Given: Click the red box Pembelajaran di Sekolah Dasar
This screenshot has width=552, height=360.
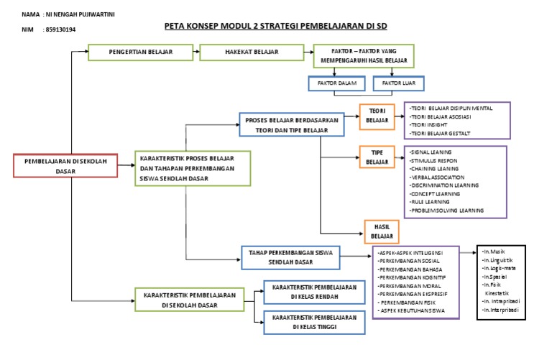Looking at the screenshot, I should tap(65, 166).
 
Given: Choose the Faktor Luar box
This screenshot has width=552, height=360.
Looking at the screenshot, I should tap(399, 83).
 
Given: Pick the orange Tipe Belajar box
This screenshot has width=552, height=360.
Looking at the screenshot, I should tap(377, 158).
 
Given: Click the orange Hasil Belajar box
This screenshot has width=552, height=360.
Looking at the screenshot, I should tap(382, 231).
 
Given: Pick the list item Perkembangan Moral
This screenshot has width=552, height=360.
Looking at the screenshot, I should tap(410, 284).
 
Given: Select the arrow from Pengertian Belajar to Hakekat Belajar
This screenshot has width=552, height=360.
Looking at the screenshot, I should tap(196, 52).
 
